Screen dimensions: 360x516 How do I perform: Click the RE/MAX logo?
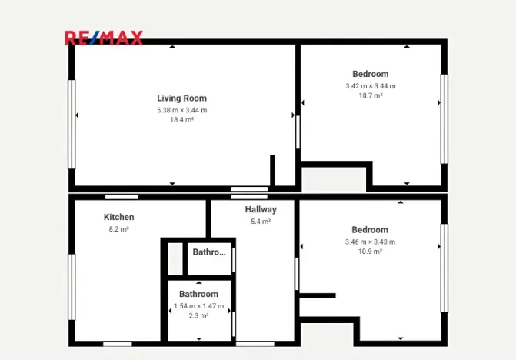(x=103, y=38)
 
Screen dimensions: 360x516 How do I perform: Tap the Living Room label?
(x=181, y=98)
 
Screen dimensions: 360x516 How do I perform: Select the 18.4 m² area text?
(x=181, y=120)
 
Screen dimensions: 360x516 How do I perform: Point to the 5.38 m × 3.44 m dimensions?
(x=181, y=110)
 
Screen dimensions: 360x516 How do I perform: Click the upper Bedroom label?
(x=370, y=75)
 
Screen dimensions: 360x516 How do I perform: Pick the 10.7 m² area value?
(x=370, y=96)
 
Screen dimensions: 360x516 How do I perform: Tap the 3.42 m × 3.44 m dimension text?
(x=370, y=86)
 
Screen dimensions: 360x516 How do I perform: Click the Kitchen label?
(x=118, y=218)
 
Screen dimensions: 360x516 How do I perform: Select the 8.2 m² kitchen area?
(x=118, y=229)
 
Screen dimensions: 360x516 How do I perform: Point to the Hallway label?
(x=261, y=209)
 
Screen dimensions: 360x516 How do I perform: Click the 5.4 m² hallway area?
(x=261, y=222)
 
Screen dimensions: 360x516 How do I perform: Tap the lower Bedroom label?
(x=370, y=230)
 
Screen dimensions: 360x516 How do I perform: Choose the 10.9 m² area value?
(x=370, y=252)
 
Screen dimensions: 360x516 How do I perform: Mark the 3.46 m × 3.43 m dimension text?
(x=370, y=242)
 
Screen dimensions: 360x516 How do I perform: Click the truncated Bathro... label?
(x=210, y=252)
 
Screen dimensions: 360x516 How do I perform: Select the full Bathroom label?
(x=198, y=295)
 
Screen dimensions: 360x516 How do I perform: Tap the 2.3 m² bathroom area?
(x=198, y=316)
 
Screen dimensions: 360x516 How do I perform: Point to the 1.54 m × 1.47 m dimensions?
(x=198, y=306)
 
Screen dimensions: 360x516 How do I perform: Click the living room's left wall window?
(x=72, y=124)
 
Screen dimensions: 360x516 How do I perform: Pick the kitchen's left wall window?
(x=72, y=287)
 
